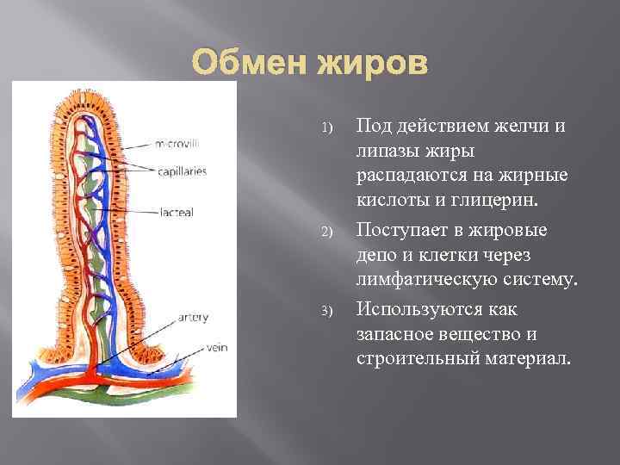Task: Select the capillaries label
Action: (x=182, y=171)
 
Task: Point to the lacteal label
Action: (x=177, y=211)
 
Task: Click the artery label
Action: (x=193, y=317)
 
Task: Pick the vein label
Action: (x=215, y=349)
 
